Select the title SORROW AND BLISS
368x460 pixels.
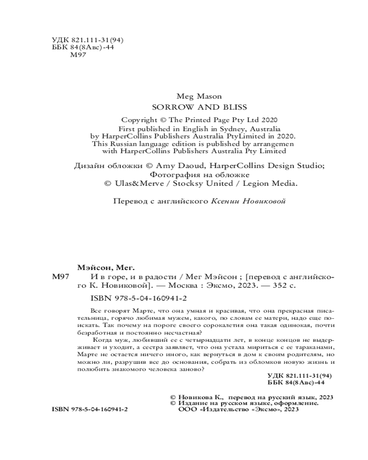pyautogui.click(x=199, y=107)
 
